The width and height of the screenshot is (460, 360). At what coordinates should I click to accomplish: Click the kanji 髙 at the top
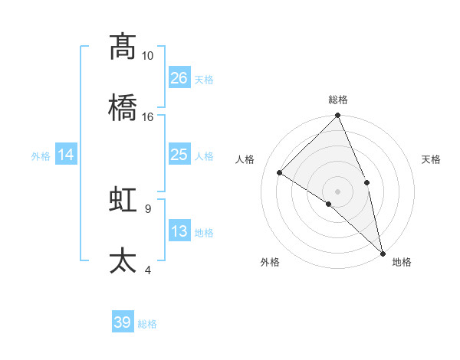[x=123, y=47]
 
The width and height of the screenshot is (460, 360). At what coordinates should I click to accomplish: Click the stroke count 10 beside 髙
[x=147, y=56]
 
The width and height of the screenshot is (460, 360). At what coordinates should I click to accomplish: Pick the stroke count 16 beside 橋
[x=147, y=116]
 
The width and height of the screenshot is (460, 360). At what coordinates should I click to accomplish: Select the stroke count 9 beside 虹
[x=147, y=208]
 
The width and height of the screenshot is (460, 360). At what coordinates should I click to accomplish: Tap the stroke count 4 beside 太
[x=147, y=269]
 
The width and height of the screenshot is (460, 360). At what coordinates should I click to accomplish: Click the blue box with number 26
[x=179, y=77]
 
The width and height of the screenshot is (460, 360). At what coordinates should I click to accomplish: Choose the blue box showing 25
[x=179, y=155]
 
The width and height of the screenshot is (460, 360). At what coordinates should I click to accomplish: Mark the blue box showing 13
[x=179, y=231]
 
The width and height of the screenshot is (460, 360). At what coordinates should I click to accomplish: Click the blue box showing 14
[x=66, y=155]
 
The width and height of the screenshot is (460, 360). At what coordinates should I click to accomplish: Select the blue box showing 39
[x=123, y=322]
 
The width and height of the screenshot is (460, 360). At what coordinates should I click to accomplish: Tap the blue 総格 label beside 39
[x=147, y=324]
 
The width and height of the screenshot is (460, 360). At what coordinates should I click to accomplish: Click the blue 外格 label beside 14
[x=41, y=156]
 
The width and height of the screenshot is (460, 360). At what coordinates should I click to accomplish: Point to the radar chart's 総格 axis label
[x=338, y=100]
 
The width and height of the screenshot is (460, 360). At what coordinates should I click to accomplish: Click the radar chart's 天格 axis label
[x=432, y=159]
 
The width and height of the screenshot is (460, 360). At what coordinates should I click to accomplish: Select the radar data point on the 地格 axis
[x=383, y=252]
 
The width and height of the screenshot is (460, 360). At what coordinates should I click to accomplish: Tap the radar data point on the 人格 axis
[x=280, y=172]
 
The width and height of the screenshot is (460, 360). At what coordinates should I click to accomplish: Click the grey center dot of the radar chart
[x=338, y=191]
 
